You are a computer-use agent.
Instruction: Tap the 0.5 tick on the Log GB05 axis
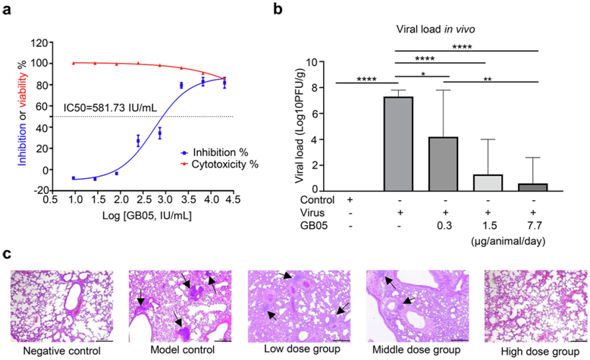click(49, 202)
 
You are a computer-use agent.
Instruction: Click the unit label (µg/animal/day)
click(513, 238)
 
